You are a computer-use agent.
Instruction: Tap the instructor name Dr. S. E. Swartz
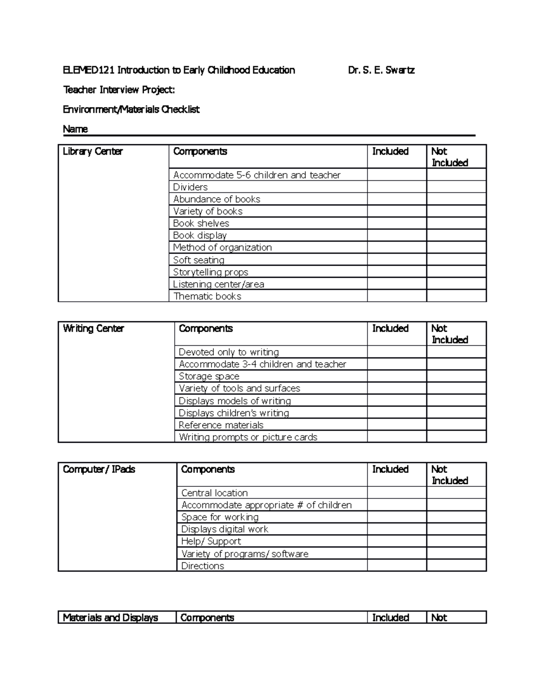point(381,70)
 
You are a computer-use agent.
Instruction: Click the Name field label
point(75,129)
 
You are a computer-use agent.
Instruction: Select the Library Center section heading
point(93,151)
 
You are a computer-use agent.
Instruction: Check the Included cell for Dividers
point(397,187)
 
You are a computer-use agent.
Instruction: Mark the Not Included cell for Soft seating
point(456,260)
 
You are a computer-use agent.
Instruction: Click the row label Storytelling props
point(211,272)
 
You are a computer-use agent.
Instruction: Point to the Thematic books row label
point(207,296)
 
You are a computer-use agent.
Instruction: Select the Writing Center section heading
point(93,329)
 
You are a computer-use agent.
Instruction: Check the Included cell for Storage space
point(397,376)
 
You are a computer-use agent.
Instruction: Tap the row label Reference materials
point(221,425)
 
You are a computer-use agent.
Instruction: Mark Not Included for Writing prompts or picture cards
point(456,437)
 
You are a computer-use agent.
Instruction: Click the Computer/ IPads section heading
point(99,469)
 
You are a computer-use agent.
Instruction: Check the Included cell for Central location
point(397,493)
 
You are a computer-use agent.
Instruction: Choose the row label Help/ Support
point(211,542)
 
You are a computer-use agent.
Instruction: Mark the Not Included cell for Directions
point(456,566)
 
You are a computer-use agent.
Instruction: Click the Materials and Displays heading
point(110,618)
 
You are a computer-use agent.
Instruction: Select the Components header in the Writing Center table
point(206,329)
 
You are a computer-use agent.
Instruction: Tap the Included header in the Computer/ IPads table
point(390,469)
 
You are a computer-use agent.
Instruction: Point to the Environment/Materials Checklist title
point(131,110)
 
